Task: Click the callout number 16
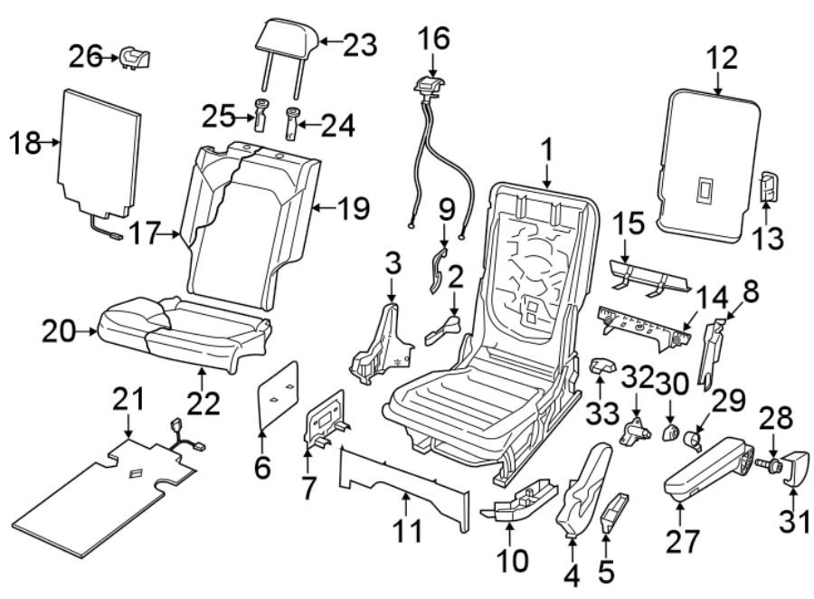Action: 432,40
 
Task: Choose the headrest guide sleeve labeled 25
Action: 260,116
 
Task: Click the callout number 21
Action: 128,396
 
